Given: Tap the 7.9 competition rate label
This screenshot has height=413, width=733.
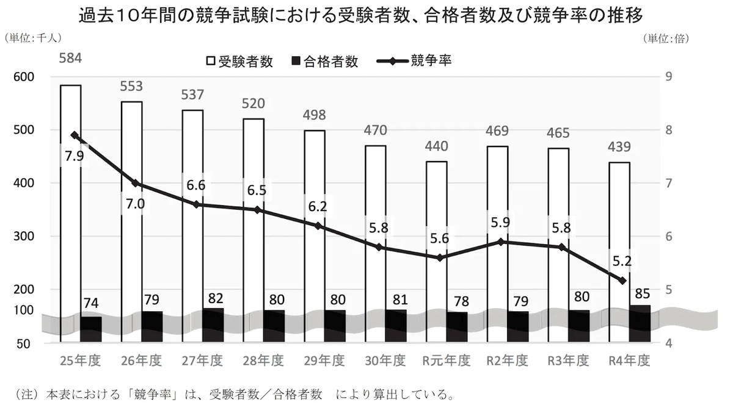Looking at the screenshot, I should coord(74,157).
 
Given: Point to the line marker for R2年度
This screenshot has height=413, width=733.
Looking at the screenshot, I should coord(501,242).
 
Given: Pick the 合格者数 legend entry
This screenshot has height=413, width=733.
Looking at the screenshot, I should coord(325,61).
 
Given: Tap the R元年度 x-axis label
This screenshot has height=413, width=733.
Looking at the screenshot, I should coord(447,361).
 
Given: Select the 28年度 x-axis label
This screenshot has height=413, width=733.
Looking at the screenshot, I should coord(263,361).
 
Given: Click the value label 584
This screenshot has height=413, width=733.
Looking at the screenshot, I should coord(70,59).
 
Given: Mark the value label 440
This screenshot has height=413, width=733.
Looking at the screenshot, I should coord(437,146).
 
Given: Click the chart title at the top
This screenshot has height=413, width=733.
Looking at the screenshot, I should coord(361,15).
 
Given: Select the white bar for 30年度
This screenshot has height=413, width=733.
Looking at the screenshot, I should coord(376,226).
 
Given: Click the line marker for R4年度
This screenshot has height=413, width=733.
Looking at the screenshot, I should coord(622,281).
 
